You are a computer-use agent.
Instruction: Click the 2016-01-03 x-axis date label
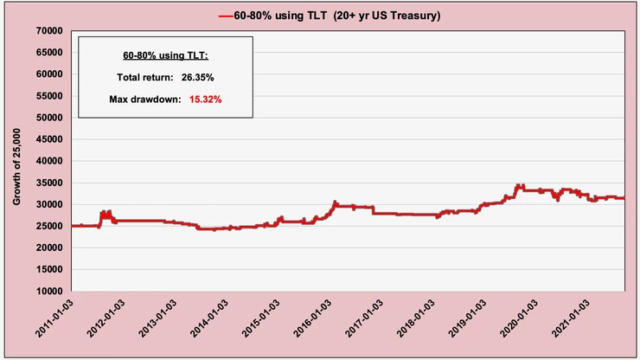click(x=313, y=323)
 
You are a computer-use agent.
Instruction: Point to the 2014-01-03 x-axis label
click(x=210, y=323)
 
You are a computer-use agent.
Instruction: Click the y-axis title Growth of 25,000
click(x=16, y=161)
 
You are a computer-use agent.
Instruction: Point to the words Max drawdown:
click(x=144, y=100)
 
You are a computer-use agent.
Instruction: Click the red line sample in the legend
click(x=226, y=15)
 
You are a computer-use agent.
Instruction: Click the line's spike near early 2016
click(x=335, y=202)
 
